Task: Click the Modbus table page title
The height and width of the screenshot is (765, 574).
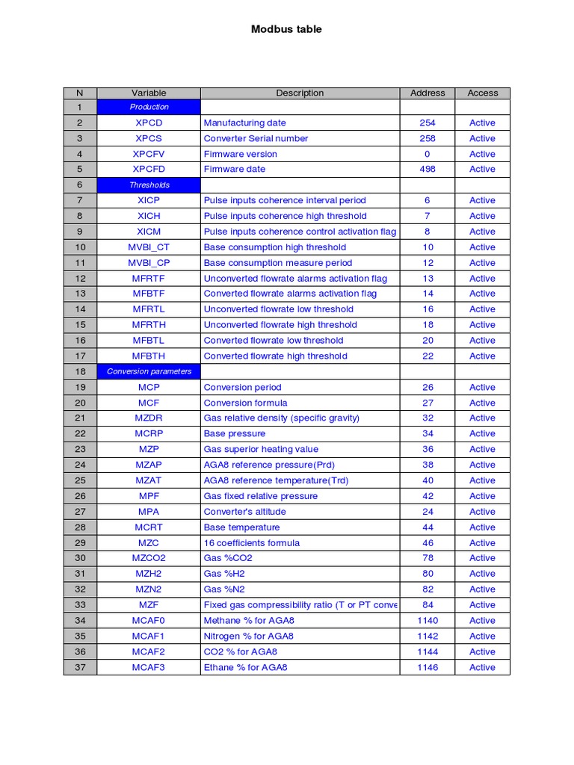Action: pos(286,29)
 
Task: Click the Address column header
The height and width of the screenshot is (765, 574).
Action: pos(427,93)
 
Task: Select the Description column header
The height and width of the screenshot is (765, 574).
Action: pos(300,93)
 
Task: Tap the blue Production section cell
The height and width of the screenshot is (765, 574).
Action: pos(149,107)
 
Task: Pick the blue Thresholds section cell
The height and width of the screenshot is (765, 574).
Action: pos(149,185)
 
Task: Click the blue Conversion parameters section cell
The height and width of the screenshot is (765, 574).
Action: pos(149,371)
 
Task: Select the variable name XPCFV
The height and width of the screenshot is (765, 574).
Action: pos(149,154)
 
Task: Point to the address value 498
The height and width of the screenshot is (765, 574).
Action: pos(427,169)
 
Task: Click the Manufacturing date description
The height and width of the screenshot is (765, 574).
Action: pos(244,123)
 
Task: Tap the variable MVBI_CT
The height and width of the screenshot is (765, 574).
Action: pos(149,247)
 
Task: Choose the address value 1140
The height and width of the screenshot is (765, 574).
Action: pos(427,620)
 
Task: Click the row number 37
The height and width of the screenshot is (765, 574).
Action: pos(80,667)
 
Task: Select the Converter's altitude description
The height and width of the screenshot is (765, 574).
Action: pos(244,512)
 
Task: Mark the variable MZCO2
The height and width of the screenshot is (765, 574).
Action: pos(149,558)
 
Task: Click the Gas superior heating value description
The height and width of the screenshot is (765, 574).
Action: pos(261,449)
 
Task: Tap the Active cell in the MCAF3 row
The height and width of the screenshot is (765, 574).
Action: pos(482,667)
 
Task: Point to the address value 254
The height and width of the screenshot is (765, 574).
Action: pos(427,123)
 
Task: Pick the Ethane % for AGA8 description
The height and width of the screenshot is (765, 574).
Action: pos(245,667)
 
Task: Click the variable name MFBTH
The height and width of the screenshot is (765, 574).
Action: pos(149,356)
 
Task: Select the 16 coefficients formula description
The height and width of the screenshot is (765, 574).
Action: pos(251,543)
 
